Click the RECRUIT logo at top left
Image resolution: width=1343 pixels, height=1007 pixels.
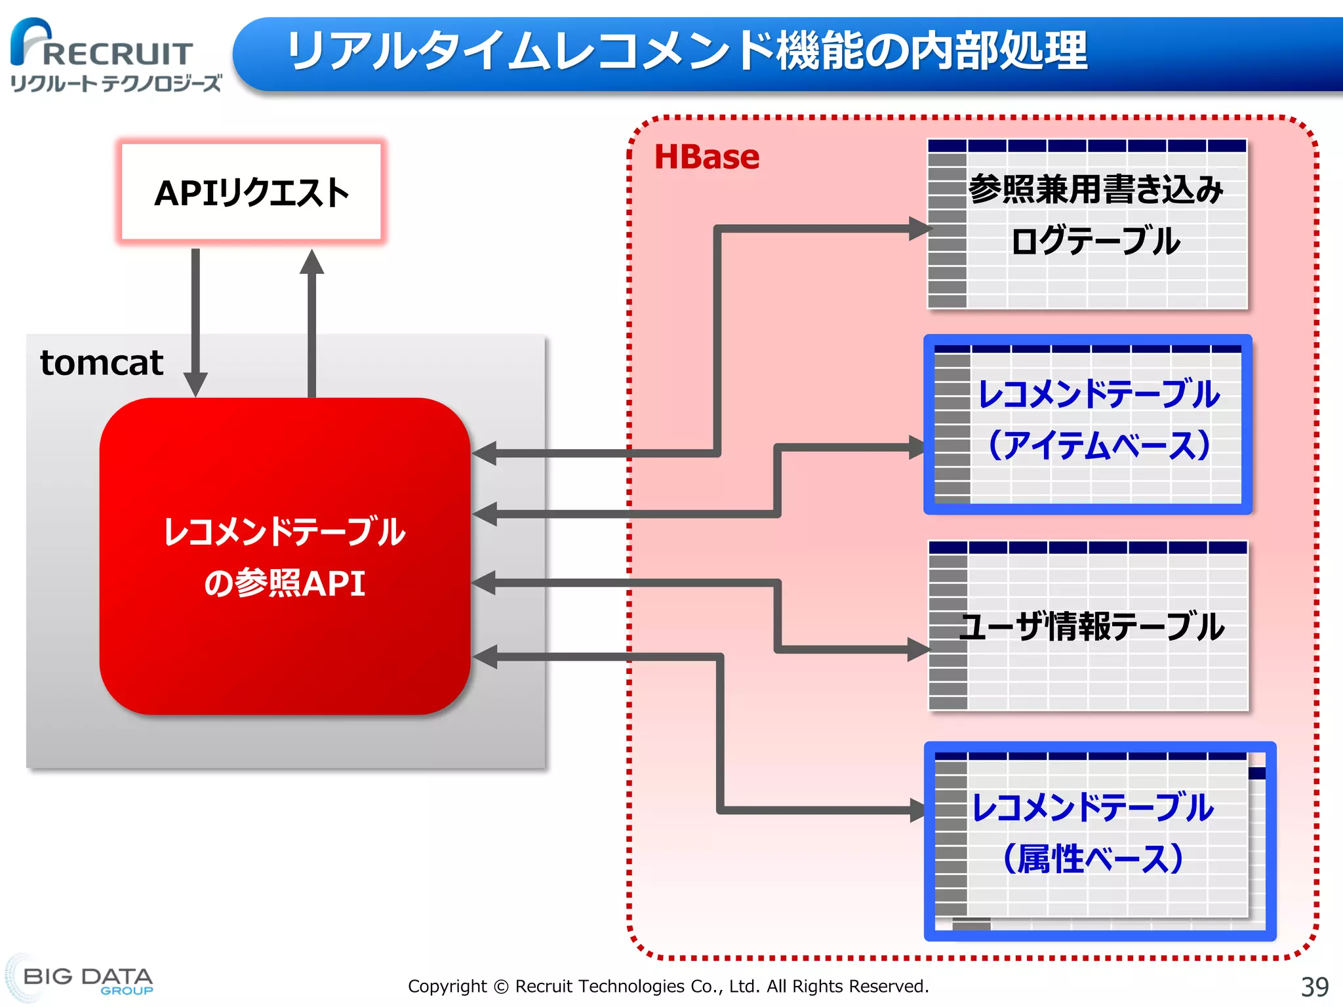(102, 45)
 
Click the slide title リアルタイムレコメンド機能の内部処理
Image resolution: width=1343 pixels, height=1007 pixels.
(687, 51)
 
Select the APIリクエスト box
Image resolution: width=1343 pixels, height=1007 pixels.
(251, 192)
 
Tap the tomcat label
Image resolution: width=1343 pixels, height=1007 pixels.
(102, 363)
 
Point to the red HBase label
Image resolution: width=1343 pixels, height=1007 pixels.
(707, 157)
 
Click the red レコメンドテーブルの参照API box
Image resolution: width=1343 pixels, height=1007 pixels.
(285, 556)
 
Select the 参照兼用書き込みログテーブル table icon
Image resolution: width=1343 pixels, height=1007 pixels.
(1087, 223)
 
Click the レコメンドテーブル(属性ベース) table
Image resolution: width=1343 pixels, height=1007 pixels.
(1099, 841)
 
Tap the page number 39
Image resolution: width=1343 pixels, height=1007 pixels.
(1314, 986)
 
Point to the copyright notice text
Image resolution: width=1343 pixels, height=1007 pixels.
(668, 986)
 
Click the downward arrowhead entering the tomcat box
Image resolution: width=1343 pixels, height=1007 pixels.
(195, 384)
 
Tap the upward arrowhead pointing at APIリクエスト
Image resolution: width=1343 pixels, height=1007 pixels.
(311, 262)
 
